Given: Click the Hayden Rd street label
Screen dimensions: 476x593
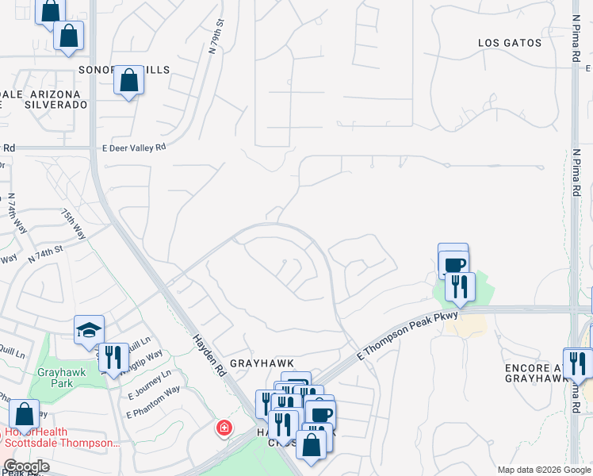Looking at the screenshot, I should pyautogui.click(x=209, y=352).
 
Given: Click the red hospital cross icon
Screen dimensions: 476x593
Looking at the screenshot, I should pyautogui.click(x=225, y=428).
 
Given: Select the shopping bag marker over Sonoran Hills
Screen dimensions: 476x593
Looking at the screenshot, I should pyautogui.click(x=128, y=80).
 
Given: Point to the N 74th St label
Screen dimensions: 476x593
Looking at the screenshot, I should pyautogui.click(x=44, y=253).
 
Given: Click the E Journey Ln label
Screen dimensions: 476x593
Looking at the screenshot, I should pyautogui.click(x=148, y=385).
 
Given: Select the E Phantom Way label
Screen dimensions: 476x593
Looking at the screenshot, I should pyautogui.click(x=153, y=402).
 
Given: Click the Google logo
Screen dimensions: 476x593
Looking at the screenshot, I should pyautogui.click(x=26, y=466).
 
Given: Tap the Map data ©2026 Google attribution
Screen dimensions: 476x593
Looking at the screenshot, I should pyautogui.click(x=542, y=470).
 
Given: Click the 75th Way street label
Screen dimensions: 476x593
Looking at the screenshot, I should pyautogui.click(x=74, y=225).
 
